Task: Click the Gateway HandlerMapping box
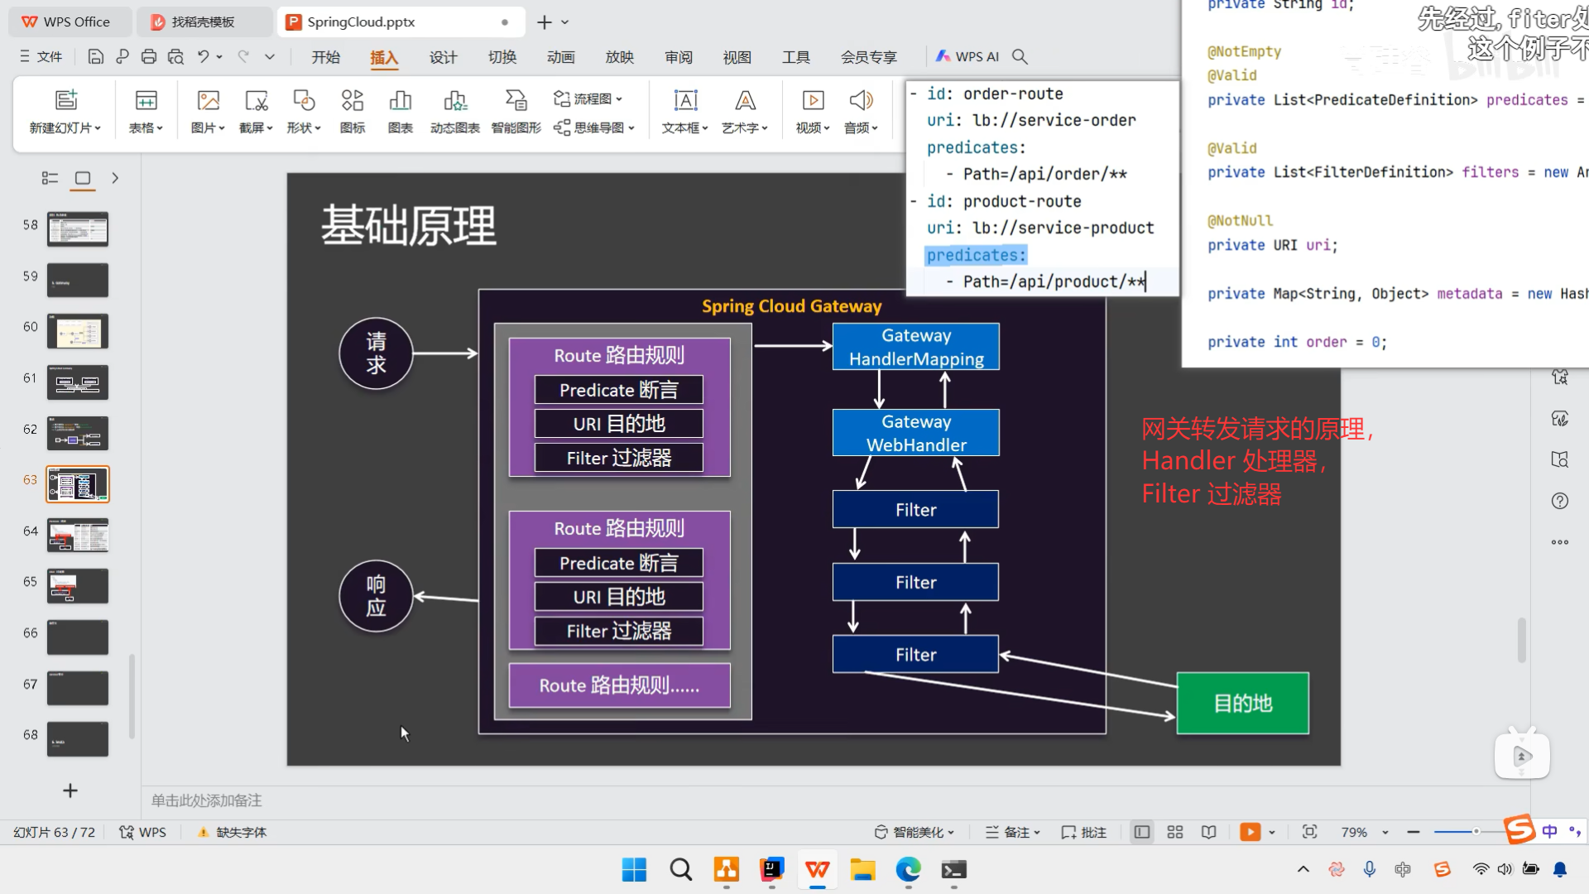[915, 347]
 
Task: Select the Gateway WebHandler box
[915, 433]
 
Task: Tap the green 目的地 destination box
[1242, 704]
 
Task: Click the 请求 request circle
[376, 353]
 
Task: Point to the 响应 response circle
[376, 596]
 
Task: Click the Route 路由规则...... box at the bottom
[619, 685]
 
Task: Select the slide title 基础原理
[409, 225]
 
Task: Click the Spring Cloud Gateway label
[791, 306]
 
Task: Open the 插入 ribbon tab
[384, 57]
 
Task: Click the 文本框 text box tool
[684, 111]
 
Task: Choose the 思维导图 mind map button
[595, 127]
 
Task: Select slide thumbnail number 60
[78, 331]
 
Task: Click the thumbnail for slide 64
[78, 536]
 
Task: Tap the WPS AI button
[967, 56]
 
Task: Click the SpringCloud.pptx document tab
[361, 22]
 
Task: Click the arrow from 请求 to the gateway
[445, 353]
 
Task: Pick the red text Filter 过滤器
[1212, 494]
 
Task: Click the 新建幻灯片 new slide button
[65, 111]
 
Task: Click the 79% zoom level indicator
[1354, 832]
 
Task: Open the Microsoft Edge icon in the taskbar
[908, 870]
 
